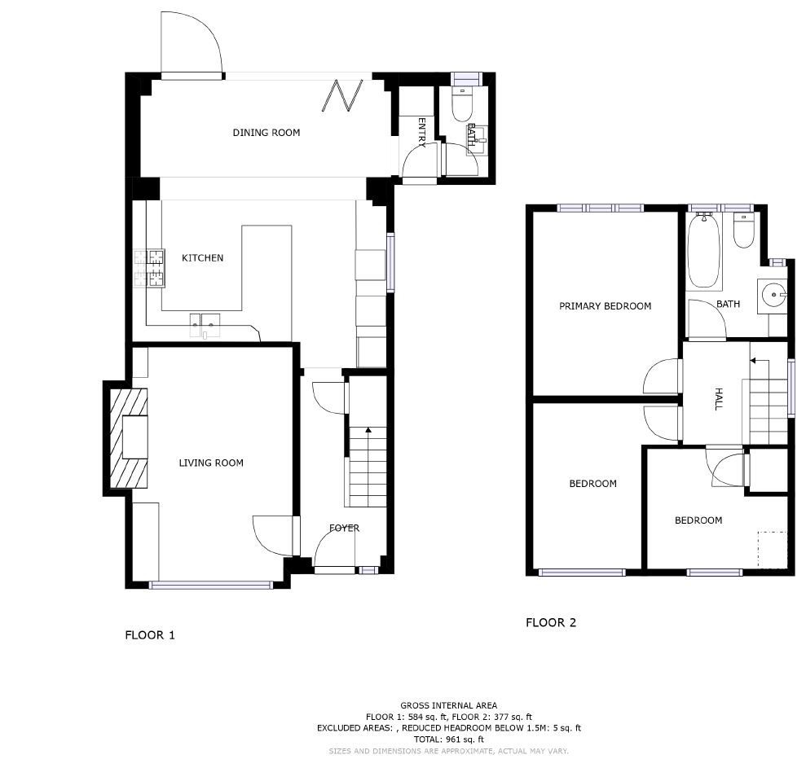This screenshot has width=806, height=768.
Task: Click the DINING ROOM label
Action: pos(266,133)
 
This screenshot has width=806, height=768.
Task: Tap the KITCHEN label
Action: pos(203,258)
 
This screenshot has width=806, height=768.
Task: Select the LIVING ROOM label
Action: pos(211,463)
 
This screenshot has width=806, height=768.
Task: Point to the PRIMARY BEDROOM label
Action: pos(605,306)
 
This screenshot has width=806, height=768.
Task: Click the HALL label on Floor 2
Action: pos(718,399)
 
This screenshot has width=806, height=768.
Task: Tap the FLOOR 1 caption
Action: pos(150,635)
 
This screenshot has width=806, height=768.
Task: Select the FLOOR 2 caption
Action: pos(551,622)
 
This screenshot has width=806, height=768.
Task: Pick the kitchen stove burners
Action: pos(150,268)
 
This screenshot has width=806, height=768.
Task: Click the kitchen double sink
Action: pos(205,325)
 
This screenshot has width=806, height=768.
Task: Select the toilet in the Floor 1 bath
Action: pos(461,104)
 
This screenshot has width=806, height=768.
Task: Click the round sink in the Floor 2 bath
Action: pos(773,296)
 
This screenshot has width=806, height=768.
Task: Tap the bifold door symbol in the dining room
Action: pos(343,95)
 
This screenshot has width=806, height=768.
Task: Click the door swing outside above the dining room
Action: pos(192,42)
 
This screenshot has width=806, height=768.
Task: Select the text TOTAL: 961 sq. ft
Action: pos(449,739)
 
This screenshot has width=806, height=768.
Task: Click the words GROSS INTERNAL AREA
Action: pos(449,706)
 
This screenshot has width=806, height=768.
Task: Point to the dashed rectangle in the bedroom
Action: pos(773,550)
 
